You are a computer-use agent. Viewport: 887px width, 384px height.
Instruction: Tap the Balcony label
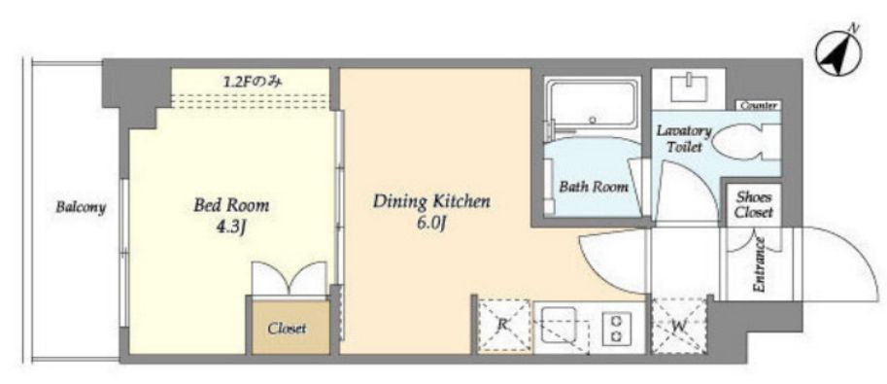coord(81,207)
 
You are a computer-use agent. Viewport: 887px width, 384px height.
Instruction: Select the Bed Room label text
coord(231,204)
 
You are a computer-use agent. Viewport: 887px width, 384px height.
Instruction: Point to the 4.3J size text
coord(232,227)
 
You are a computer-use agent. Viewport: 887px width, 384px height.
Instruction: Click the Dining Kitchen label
coord(431,201)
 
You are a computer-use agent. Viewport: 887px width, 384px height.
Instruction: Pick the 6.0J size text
coord(431,225)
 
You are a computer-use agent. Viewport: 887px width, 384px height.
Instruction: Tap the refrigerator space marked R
coord(503,326)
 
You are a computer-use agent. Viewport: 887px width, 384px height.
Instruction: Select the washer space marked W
coord(679,327)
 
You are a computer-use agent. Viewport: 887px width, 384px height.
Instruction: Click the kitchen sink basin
coord(559,324)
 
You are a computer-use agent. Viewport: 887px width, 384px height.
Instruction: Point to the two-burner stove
coord(616,329)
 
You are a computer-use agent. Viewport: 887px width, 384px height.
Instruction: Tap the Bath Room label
coord(594,187)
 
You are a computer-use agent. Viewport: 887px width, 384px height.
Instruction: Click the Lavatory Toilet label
coord(684,139)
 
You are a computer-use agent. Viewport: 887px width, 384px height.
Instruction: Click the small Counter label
coord(759,105)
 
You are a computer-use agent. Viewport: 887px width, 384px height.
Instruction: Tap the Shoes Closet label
coord(754,205)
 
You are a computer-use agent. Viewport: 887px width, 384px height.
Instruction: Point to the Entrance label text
coord(759,264)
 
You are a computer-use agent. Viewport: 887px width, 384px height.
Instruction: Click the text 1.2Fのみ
coord(252,82)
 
